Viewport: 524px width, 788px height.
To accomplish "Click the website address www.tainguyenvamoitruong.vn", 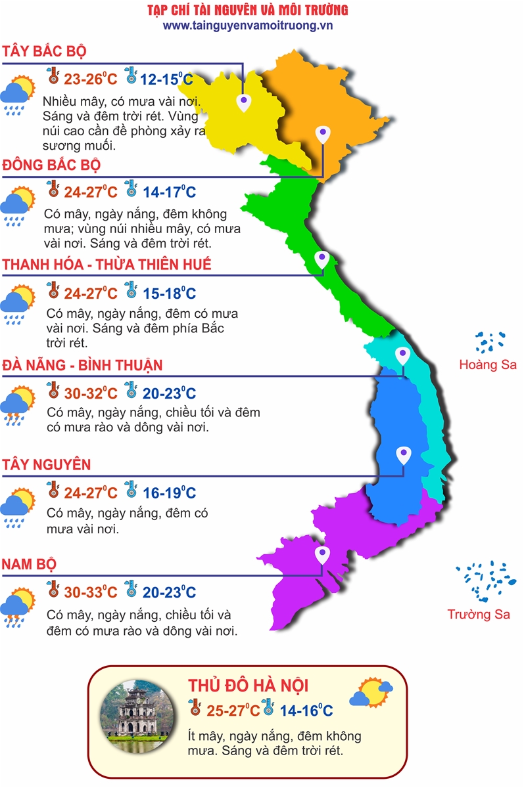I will coord(248,26).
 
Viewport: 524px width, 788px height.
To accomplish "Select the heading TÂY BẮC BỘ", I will coord(44,52).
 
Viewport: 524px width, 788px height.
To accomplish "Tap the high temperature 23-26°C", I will coord(91,79).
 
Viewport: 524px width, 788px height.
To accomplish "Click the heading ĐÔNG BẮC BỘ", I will coord(51,164).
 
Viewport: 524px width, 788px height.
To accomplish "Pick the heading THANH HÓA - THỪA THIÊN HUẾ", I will coord(107,265).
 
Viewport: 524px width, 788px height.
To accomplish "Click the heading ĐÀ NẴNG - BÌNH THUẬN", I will coord(82,365).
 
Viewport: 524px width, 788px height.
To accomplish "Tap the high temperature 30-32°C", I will coord(91,393).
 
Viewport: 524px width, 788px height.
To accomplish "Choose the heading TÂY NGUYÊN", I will coord(46,465).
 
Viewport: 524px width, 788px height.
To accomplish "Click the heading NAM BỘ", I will coord(29,564).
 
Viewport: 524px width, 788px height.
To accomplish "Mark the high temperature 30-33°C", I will coord(91,592).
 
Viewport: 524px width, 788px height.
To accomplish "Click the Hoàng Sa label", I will coord(488,365).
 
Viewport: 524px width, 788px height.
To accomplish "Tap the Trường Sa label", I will coord(479,615).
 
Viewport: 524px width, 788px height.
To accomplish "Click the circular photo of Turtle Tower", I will coord(133,716).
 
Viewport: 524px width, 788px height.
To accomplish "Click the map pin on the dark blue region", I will coord(403,454).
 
